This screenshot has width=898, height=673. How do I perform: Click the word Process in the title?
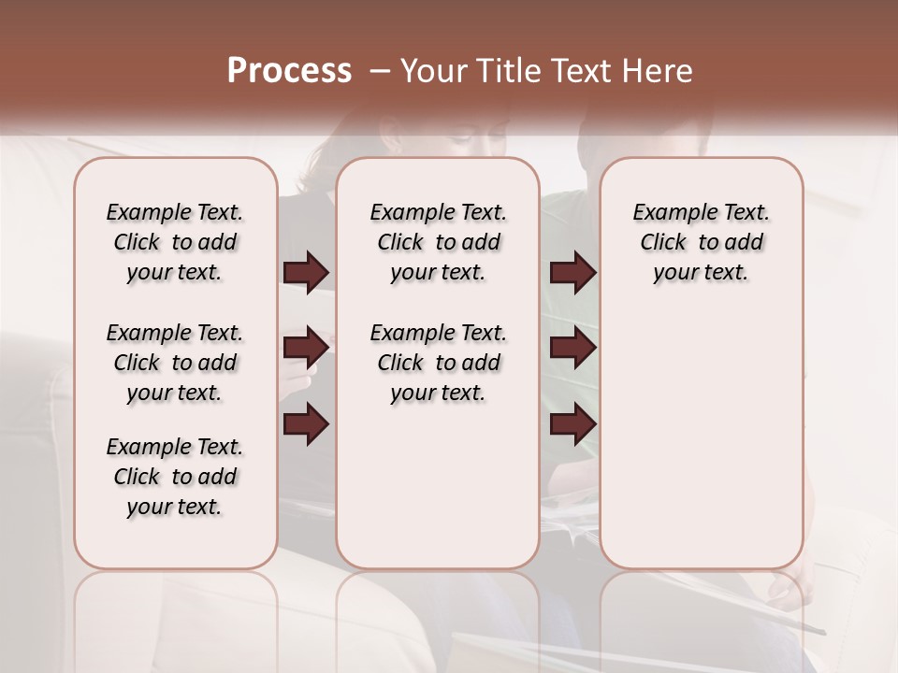(x=289, y=71)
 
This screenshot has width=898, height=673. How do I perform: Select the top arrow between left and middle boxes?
(x=306, y=272)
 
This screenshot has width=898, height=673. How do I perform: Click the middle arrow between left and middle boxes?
(x=306, y=349)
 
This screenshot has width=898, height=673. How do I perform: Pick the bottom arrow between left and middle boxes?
(x=306, y=424)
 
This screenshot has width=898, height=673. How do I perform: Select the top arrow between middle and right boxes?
(x=572, y=272)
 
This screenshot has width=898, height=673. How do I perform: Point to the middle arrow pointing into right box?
(x=572, y=349)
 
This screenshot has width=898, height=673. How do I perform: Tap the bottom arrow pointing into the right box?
(x=572, y=424)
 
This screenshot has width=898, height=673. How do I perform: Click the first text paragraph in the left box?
(x=175, y=242)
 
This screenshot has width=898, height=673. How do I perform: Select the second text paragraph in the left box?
(x=175, y=363)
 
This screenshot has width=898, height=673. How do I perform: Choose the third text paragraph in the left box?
(x=175, y=477)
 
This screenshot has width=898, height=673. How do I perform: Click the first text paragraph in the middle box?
(x=438, y=242)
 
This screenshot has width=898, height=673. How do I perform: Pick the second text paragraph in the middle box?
(x=438, y=363)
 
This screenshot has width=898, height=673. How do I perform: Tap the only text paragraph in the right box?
(x=701, y=242)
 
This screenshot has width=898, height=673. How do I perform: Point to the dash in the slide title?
(x=380, y=71)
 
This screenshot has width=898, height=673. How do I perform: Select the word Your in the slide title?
(x=434, y=71)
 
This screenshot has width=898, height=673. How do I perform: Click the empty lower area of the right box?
(x=701, y=439)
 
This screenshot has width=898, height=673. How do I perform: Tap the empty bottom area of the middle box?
(x=438, y=495)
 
